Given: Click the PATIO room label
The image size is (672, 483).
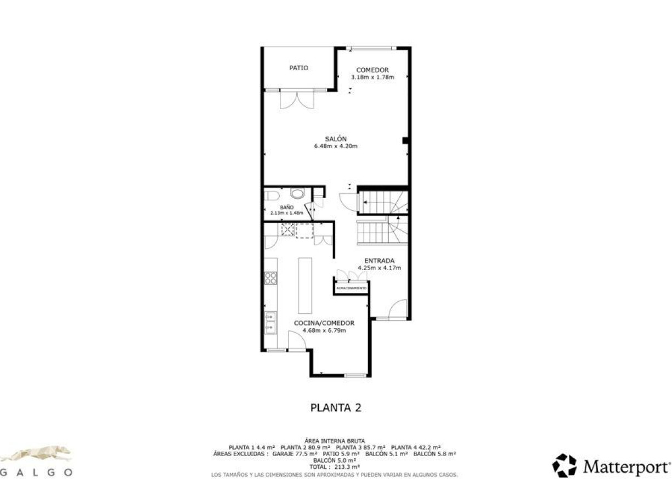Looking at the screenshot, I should [299, 68].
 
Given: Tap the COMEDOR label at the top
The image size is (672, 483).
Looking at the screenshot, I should [372, 70].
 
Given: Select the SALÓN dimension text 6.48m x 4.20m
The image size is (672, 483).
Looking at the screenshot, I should [336, 147].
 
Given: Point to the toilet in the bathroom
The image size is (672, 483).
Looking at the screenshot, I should [298, 194].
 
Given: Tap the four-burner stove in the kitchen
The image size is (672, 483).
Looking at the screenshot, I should [270, 278].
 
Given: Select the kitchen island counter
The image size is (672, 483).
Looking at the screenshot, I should [305, 285].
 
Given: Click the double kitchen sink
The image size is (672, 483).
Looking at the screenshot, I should [270, 323].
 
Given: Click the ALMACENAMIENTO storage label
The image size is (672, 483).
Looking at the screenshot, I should [351, 288].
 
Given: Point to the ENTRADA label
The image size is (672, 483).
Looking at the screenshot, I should [379, 261].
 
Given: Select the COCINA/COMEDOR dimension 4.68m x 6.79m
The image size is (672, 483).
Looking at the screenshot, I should [324, 330].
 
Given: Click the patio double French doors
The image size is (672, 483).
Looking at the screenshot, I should [296, 99].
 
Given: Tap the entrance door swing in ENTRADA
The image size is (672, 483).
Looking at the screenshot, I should [398, 310].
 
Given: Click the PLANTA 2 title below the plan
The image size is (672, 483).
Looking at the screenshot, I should [336, 408].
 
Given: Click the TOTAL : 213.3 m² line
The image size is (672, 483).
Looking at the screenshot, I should [335, 467].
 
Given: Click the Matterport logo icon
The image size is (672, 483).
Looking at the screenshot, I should [564, 465].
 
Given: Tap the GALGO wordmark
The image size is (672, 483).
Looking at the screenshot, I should [36, 472].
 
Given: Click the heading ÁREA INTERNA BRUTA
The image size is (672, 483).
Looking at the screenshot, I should [335, 441].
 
